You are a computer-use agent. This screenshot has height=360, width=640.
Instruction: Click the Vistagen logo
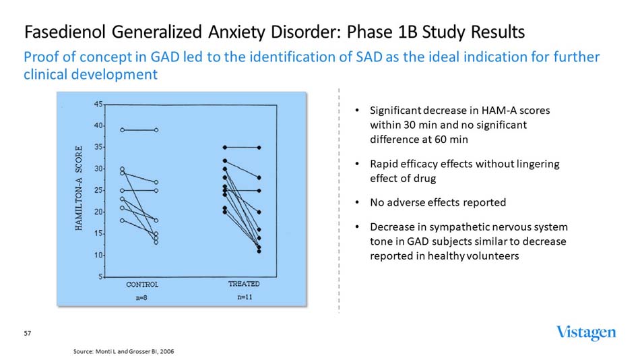585,332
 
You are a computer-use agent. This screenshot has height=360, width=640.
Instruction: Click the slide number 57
28,334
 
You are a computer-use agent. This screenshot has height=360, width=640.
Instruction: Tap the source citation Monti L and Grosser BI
127,352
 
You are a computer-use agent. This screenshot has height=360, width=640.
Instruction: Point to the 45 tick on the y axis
98,104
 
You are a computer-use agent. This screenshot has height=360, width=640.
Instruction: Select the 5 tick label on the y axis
100,277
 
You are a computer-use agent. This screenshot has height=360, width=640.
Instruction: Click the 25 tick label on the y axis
98,191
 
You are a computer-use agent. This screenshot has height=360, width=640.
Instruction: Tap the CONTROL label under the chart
142,284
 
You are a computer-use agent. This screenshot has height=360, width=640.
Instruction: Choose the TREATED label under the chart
244,284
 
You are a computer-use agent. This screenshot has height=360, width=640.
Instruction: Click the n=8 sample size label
142,297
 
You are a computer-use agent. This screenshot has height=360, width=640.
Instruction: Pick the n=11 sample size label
245,297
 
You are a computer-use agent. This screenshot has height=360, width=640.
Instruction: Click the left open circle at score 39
122,129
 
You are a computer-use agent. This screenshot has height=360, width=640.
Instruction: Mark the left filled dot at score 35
225,147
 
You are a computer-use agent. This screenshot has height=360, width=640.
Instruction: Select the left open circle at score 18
122,220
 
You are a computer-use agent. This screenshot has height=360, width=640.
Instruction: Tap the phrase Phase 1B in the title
382,32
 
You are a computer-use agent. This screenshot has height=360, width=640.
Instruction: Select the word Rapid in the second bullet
385,164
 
